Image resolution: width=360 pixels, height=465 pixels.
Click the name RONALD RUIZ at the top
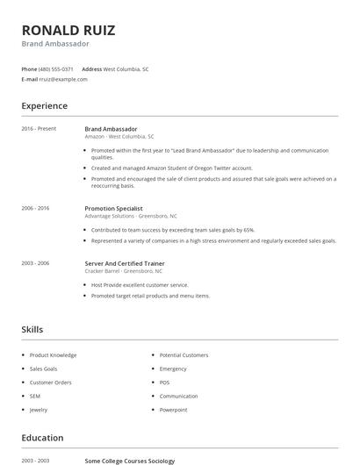point(68,31)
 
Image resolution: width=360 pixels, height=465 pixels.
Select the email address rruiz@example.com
point(64,79)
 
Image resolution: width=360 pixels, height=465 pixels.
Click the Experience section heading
point(45,106)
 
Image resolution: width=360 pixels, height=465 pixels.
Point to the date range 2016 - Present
point(39,129)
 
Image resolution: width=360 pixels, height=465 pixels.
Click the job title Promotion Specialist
point(113,209)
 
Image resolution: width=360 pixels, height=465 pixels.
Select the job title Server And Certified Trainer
point(124,263)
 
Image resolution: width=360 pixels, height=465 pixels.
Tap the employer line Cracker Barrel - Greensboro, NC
point(125,271)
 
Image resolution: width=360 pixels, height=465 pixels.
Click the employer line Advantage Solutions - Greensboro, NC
point(131,216)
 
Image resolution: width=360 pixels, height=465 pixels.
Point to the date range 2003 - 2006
point(35,263)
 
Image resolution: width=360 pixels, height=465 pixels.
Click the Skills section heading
point(32,329)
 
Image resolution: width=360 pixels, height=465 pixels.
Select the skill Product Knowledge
point(53,355)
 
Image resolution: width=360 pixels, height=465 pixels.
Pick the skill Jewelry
point(39,410)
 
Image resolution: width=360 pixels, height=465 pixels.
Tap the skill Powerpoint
point(173,410)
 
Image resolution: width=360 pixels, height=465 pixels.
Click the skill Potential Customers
point(184,355)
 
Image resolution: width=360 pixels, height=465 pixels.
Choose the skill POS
point(164,383)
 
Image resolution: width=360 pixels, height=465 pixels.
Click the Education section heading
point(42,438)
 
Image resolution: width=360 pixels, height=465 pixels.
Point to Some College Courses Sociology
point(129,461)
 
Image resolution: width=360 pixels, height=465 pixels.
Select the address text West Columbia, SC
point(126,68)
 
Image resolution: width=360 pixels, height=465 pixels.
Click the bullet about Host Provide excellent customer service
point(140,285)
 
